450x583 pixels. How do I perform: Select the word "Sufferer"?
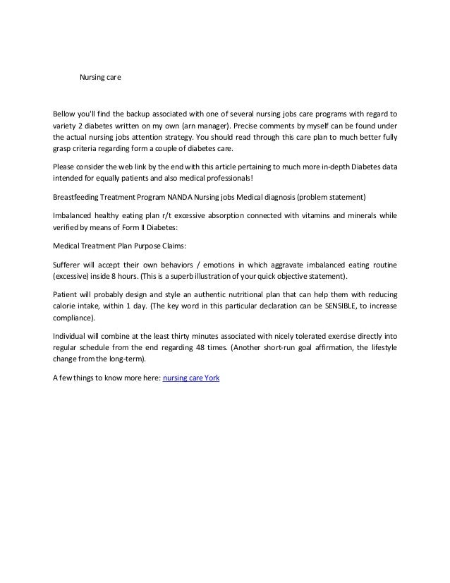click(x=69, y=265)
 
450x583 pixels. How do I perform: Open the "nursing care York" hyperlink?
click(x=191, y=377)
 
